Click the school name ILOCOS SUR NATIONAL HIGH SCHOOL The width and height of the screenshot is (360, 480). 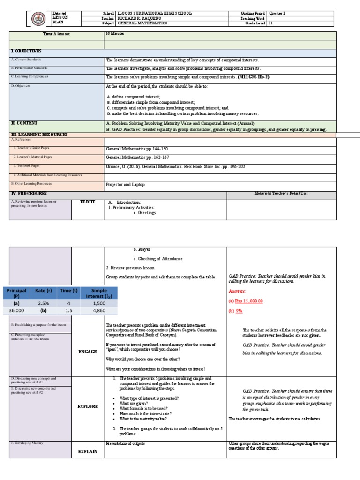pos(149,13)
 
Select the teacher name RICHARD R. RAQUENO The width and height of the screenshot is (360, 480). pos(140,18)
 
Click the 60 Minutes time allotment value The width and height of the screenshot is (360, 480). pos(115,35)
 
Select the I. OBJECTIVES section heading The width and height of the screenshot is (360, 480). pos(26,51)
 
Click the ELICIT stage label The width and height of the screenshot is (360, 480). pos(88,202)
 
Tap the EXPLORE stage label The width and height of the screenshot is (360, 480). pos(88,406)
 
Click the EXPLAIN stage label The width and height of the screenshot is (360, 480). pos(88,452)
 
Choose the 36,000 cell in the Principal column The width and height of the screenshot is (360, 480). pos(16,310)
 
